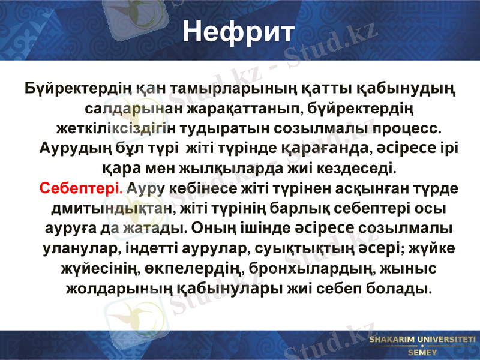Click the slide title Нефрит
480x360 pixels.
point(239,31)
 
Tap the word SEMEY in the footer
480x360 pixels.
point(422,353)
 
